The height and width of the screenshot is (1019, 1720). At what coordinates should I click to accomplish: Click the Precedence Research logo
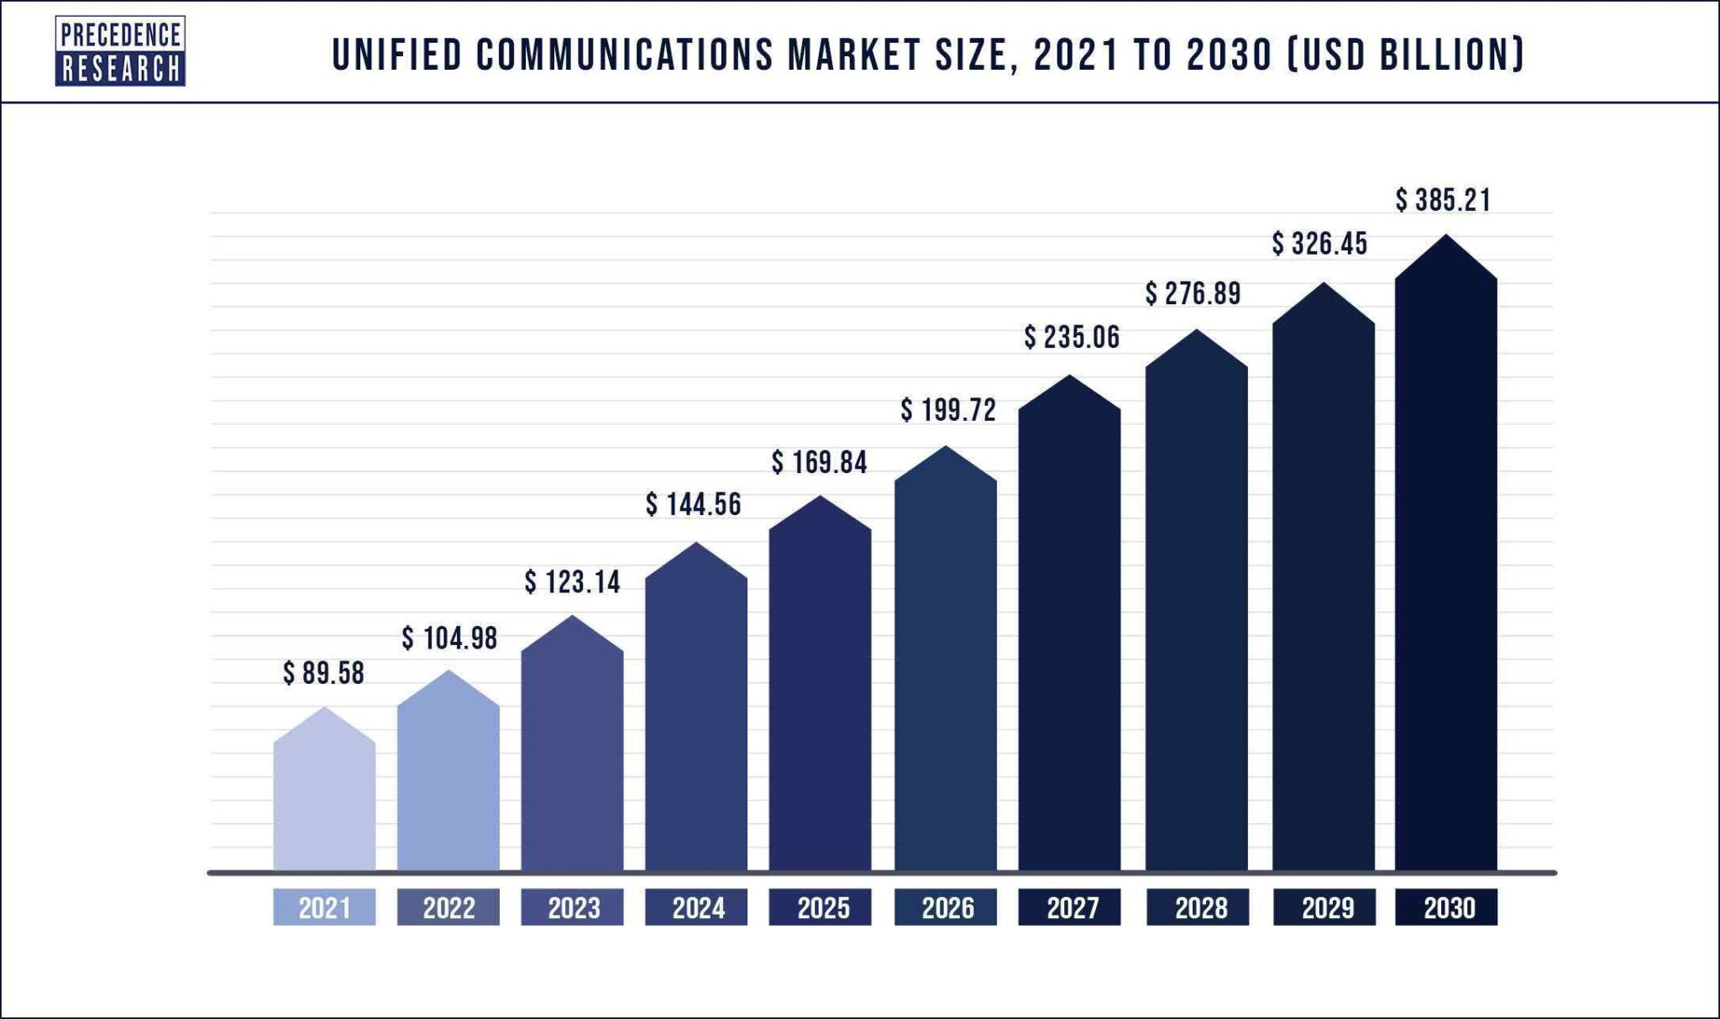[120, 51]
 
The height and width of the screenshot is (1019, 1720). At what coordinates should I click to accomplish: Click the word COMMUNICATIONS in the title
[625, 55]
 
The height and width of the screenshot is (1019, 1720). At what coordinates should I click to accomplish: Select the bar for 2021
[324, 798]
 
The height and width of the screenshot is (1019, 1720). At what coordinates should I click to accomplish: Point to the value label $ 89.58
[323, 673]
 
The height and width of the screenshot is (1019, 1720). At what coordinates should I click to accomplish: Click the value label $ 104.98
[449, 638]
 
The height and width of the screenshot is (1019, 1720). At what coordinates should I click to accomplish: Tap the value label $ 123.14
[572, 581]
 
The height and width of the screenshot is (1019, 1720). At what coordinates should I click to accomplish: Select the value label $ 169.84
[819, 462]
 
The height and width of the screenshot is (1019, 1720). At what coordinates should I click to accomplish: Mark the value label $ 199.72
[948, 410]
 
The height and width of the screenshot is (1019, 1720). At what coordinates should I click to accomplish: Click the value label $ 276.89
[1193, 293]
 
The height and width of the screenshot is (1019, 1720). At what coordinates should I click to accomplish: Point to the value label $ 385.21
[1443, 200]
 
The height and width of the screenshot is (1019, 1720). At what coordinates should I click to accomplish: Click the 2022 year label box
[448, 907]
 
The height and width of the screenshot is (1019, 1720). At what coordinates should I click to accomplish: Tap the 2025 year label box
[821, 907]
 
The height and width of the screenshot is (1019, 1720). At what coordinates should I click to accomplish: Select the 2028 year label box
[1198, 907]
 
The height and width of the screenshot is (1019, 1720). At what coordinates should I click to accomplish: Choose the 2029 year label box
[1324, 907]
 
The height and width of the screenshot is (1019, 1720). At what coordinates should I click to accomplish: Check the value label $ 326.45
[1319, 244]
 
